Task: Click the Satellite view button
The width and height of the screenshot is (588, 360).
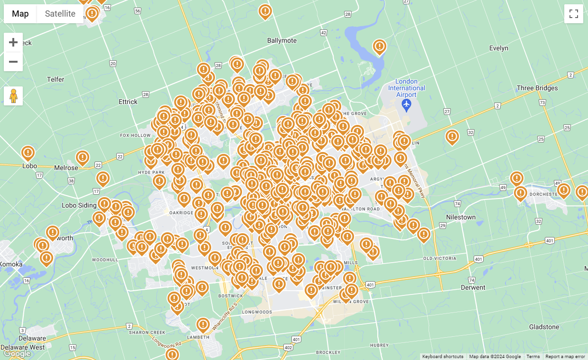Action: [x=60, y=14]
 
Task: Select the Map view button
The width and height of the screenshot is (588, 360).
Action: [x=20, y=14]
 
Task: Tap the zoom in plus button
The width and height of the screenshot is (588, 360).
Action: [x=13, y=42]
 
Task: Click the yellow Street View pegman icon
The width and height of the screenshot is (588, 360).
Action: [x=13, y=96]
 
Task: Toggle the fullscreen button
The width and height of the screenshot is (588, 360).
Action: [x=573, y=14]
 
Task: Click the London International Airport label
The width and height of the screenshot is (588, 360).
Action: [x=406, y=88]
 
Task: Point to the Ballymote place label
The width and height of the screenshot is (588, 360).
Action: [x=282, y=40]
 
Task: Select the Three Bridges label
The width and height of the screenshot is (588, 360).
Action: [x=537, y=88]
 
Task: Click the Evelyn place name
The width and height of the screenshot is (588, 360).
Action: [x=498, y=48]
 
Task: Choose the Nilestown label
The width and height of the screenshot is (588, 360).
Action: [x=461, y=217]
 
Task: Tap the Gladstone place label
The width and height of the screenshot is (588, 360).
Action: [x=544, y=327]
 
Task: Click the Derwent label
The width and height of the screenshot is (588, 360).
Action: [x=473, y=287]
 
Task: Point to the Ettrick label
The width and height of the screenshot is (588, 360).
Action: [x=128, y=102]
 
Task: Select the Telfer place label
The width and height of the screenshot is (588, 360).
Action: [x=56, y=79]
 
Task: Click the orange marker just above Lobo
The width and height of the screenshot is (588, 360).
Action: [x=28, y=153]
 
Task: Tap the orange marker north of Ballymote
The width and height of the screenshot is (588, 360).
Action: [x=265, y=11]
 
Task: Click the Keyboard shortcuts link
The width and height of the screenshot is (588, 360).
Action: [x=443, y=357]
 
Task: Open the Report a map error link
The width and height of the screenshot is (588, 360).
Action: [x=565, y=357]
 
